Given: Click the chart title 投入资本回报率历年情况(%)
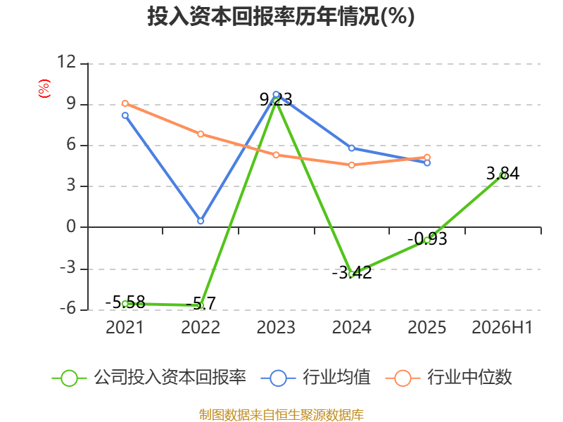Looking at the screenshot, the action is click(x=281, y=16).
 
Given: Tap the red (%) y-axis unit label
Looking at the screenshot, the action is click(x=44, y=89).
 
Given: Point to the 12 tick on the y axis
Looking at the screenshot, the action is click(x=67, y=62).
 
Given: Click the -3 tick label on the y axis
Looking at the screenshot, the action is click(x=68, y=268).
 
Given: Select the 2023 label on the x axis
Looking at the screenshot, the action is click(x=276, y=327).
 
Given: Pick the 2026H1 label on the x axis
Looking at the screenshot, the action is click(x=502, y=327).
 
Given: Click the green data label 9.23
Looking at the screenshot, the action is click(x=276, y=99).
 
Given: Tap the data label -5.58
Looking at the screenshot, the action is click(x=125, y=302).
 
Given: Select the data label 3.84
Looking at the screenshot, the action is click(x=502, y=174).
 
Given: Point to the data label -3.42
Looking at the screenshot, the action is click(x=352, y=273).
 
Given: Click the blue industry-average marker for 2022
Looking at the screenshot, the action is click(x=201, y=221).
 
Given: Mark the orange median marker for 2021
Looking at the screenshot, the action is click(x=125, y=103).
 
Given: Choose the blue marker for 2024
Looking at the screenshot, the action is click(x=351, y=148).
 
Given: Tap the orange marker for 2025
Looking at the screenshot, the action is click(x=427, y=157).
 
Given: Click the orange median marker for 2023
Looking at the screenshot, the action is click(x=276, y=155).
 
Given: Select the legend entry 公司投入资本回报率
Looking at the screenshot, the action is click(x=149, y=378).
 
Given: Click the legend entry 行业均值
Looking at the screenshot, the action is click(x=315, y=378).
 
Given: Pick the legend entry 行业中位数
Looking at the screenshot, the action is click(x=448, y=378).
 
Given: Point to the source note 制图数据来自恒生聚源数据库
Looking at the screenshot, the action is click(x=281, y=415).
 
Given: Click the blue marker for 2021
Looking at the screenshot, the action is click(x=125, y=115).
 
